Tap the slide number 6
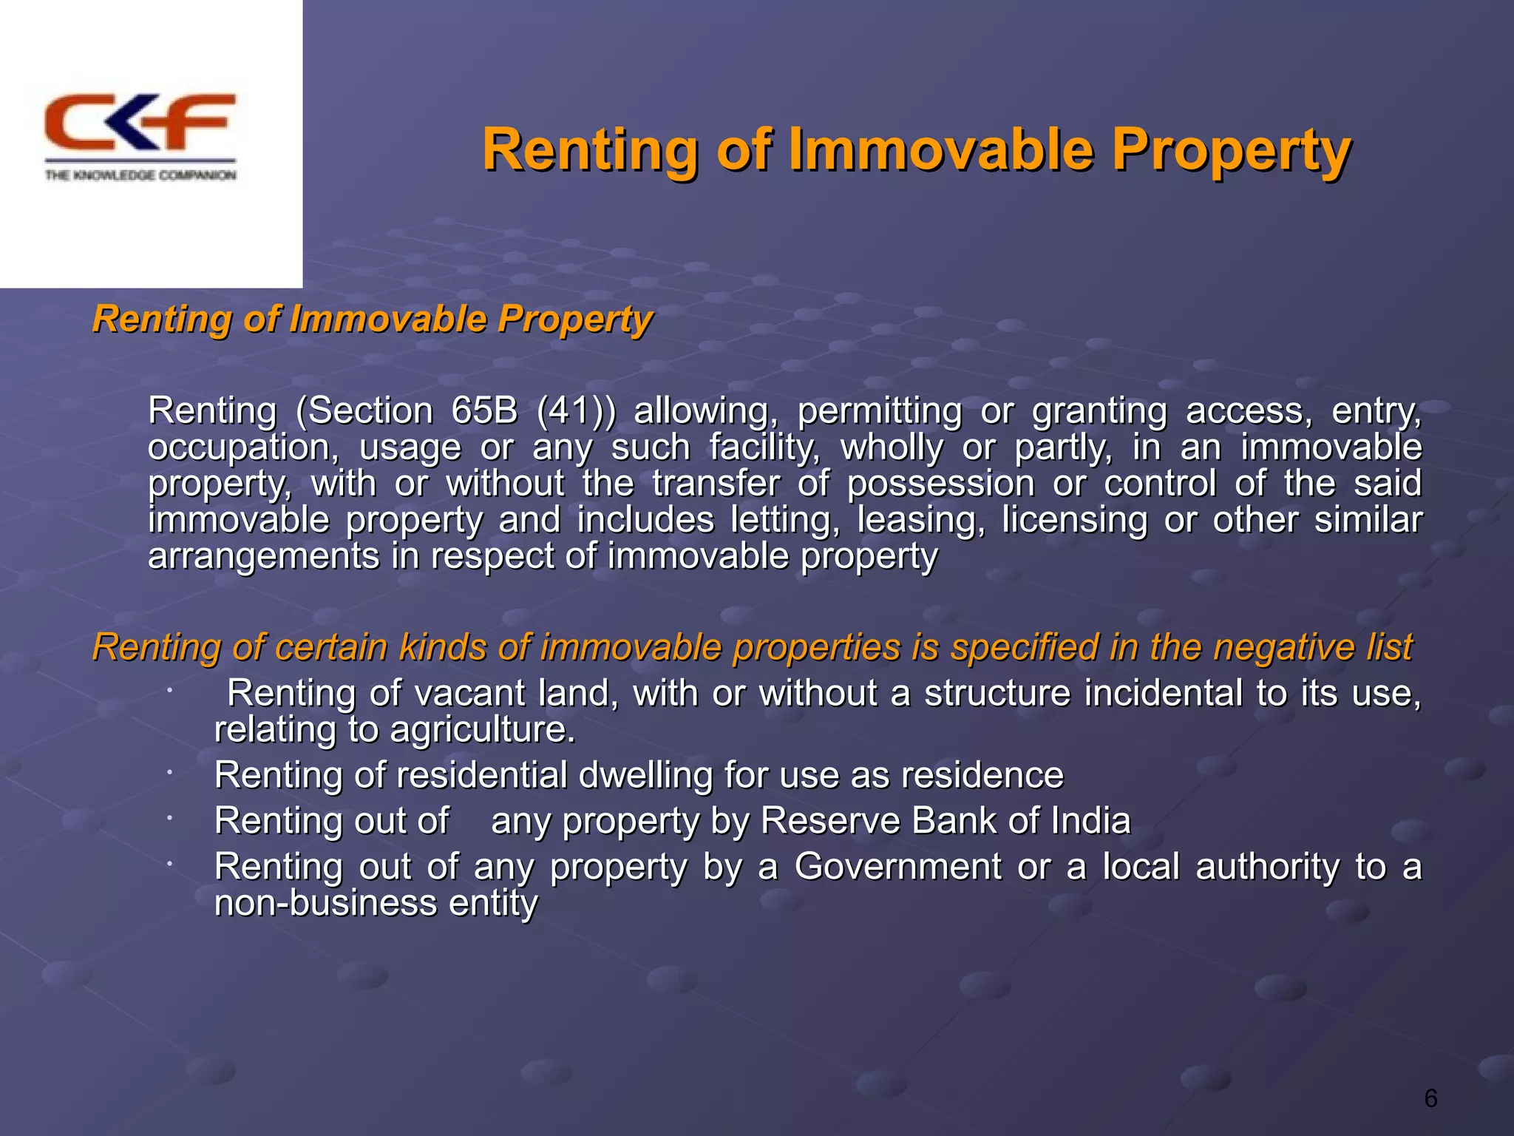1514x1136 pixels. point(1430,1099)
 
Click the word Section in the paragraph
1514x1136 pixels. point(364,411)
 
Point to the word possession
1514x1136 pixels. point(940,484)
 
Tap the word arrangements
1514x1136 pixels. point(263,557)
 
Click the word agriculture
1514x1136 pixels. point(482,730)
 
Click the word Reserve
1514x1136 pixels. point(828,821)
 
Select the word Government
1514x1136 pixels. point(897,867)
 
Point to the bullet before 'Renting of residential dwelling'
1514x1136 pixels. point(169,773)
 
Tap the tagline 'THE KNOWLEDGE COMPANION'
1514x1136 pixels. point(140,175)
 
